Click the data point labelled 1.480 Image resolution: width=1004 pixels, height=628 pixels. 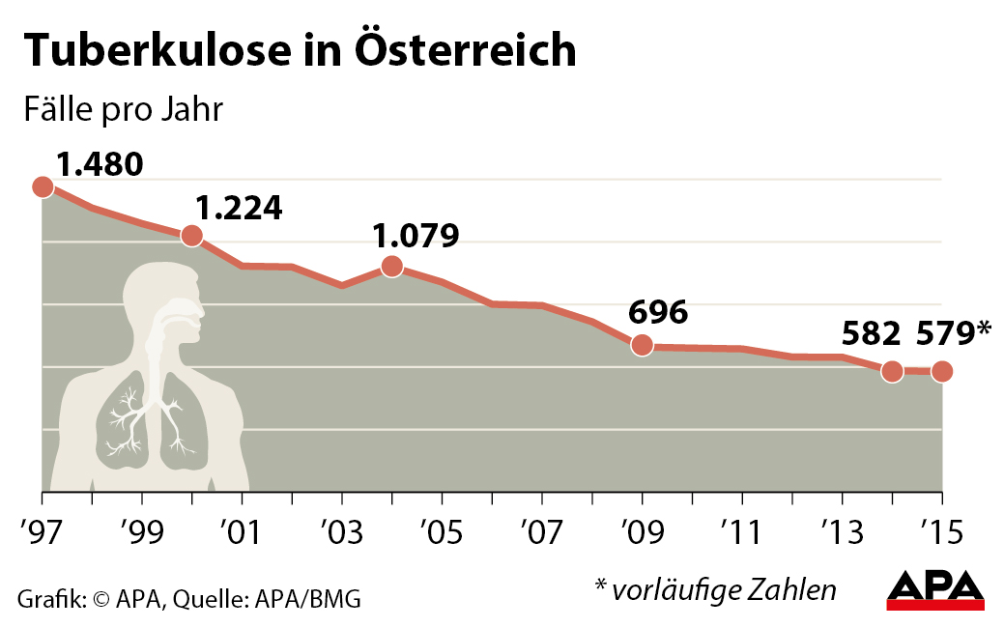(x=43, y=186)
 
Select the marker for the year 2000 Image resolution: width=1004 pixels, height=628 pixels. (x=191, y=235)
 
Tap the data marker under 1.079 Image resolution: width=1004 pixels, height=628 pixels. (x=391, y=266)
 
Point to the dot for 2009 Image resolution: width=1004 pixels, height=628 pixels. (x=641, y=345)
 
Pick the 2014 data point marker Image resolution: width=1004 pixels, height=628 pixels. (x=892, y=370)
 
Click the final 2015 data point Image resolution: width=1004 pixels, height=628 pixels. (x=942, y=371)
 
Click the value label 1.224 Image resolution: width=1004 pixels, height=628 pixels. (x=238, y=208)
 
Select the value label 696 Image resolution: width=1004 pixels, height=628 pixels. (x=657, y=312)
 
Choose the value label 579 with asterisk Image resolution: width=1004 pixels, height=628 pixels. (x=956, y=333)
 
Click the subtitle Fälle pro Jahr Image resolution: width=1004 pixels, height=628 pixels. (x=123, y=109)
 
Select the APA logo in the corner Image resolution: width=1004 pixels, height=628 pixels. (x=935, y=589)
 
